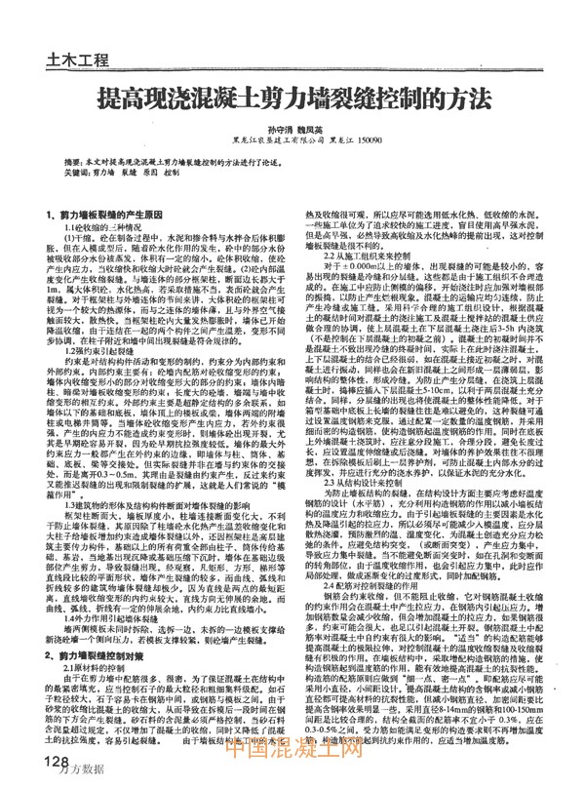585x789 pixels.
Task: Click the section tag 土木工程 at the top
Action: coord(77,60)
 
